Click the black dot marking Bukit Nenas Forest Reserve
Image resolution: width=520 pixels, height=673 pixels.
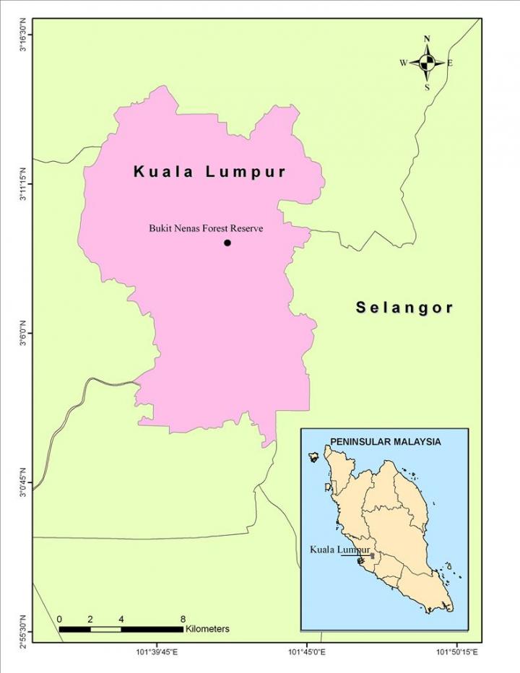click(x=227, y=243)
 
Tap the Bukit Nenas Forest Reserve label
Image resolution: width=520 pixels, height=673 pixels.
click(x=206, y=228)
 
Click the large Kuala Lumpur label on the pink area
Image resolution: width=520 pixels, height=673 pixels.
click(x=210, y=172)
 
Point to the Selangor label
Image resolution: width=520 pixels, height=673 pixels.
click(x=404, y=308)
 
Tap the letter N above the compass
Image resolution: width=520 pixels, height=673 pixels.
click(x=427, y=39)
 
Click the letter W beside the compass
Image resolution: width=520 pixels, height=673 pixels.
click(x=403, y=63)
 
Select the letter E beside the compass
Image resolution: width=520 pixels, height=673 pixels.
click(x=450, y=63)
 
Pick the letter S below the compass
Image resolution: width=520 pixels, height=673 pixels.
click(x=427, y=87)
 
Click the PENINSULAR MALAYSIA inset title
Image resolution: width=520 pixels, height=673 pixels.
click(x=385, y=440)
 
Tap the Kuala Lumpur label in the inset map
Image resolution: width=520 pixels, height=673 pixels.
click(x=339, y=550)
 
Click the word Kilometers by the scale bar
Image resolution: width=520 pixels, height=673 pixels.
click(x=207, y=629)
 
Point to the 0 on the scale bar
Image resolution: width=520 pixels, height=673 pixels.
click(x=59, y=619)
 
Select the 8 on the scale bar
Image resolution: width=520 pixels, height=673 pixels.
click(x=183, y=619)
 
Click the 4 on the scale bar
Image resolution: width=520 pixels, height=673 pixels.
click(x=121, y=619)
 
